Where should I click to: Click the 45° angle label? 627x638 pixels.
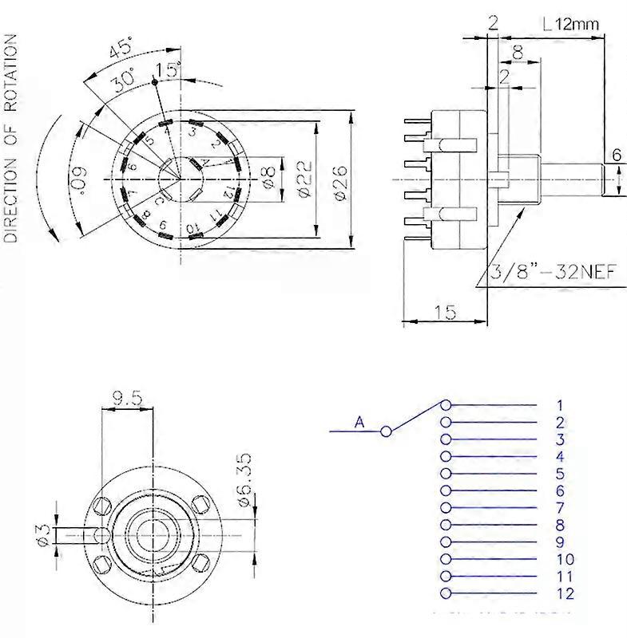(119, 49)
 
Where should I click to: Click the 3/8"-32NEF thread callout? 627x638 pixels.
(554, 272)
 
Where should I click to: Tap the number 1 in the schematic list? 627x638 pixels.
(560, 405)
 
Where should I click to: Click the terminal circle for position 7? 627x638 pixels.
(446, 507)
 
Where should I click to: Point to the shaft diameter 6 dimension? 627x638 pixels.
(617, 155)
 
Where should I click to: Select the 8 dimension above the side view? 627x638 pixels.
(518, 53)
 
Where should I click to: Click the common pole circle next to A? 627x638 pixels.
(387, 431)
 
